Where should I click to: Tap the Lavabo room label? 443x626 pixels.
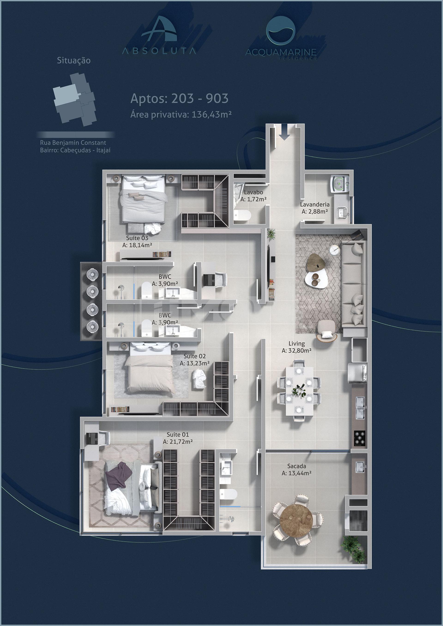click(253, 192)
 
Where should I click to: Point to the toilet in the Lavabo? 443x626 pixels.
click(242, 215)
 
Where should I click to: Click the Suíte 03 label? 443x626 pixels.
click(137, 238)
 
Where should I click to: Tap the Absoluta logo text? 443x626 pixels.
click(159, 51)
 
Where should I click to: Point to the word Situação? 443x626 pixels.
click(73, 60)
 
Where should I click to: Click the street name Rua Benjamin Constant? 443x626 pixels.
click(73, 142)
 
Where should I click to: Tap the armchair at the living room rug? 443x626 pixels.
click(327, 331)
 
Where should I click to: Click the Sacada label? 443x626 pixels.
click(296, 466)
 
